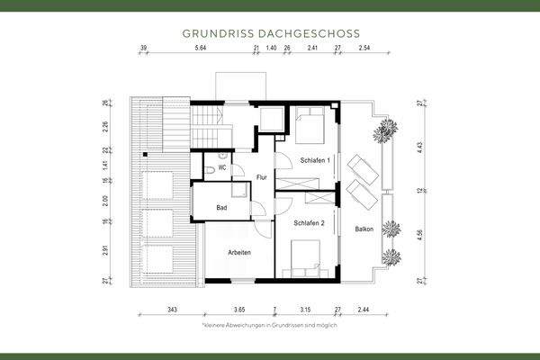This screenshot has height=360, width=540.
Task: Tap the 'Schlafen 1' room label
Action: click(x=316, y=159)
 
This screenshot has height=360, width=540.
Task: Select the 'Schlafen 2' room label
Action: click(x=309, y=221)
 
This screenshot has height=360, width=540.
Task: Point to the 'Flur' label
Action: click(x=262, y=176)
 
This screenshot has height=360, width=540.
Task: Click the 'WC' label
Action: click(x=221, y=168)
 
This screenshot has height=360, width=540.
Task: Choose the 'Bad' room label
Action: click(x=221, y=208)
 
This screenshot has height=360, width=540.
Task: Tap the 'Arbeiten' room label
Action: click(x=238, y=253)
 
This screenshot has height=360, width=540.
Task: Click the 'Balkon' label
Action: click(x=364, y=229)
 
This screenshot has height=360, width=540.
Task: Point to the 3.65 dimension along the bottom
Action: click(x=239, y=309)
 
